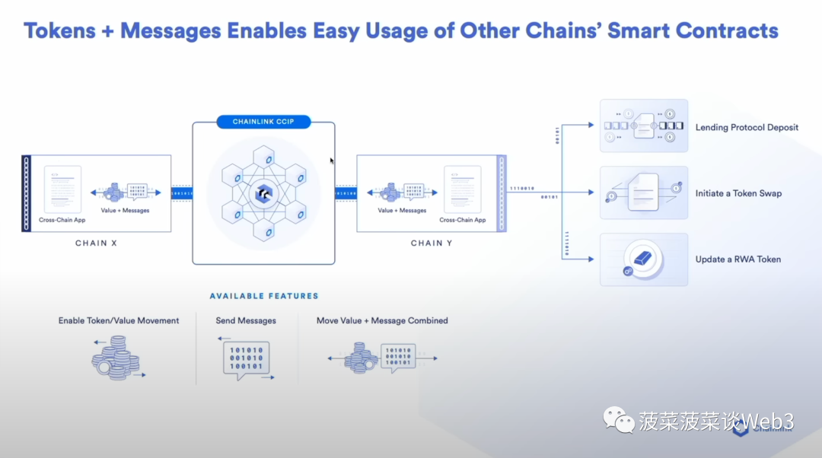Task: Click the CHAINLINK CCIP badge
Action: pyautogui.click(x=263, y=122)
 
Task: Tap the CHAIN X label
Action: pyautogui.click(x=96, y=243)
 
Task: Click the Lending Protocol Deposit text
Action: pyautogui.click(x=747, y=128)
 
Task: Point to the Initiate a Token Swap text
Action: pyautogui.click(x=738, y=193)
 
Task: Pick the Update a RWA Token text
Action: pyautogui.click(x=738, y=259)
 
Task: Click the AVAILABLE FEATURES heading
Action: pyautogui.click(x=264, y=296)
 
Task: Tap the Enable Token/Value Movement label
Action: pyautogui.click(x=119, y=321)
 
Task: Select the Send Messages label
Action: pyautogui.click(x=246, y=321)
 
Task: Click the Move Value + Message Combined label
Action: pyautogui.click(x=382, y=321)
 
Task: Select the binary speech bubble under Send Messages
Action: pyautogui.click(x=247, y=359)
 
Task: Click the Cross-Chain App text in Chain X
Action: pyautogui.click(x=62, y=221)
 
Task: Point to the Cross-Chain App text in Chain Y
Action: pyautogui.click(x=462, y=221)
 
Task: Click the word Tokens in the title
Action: pyautogui.click(x=59, y=31)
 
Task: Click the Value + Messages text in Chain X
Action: pyautogui.click(x=125, y=211)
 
